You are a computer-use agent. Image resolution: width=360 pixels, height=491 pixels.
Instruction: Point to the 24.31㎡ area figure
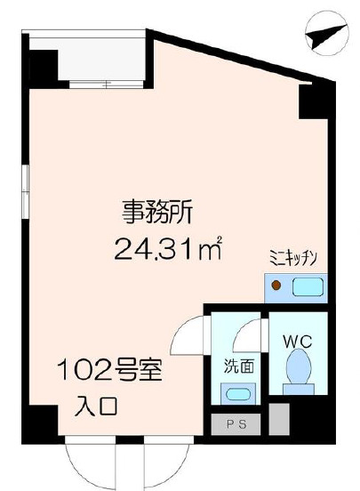pyautogui.click(x=167, y=248)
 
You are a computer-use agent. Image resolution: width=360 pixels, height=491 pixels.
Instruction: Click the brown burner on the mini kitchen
pyautogui.click(x=277, y=286)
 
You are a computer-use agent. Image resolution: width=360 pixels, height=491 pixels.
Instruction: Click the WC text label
pyautogui.click(x=295, y=341)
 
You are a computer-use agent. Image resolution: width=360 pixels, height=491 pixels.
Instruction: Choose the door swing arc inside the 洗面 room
pyautogui.click(x=246, y=336)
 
